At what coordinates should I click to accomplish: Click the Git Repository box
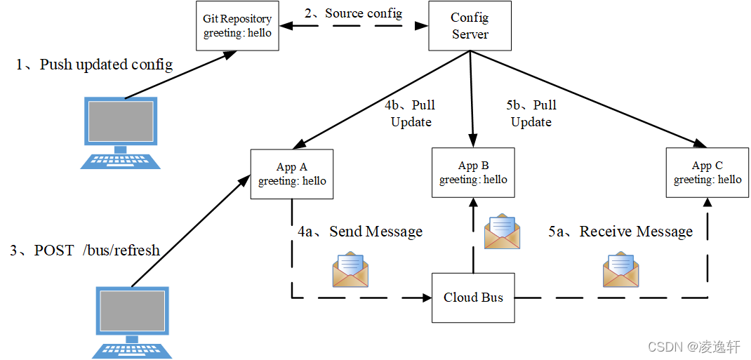click(x=237, y=27)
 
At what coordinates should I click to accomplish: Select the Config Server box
click(x=470, y=26)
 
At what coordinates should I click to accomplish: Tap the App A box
click(x=292, y=174)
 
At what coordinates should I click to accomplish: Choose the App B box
click(x=473, y=173)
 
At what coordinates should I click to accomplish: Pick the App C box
click(x=707, y=173)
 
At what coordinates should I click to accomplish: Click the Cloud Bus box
click(x=473, y=298)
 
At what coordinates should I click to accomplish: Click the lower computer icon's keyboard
click(x=133, y=348)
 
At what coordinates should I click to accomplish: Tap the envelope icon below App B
click(x=502, y=232)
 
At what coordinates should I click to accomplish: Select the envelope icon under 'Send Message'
click(x=350, y=270)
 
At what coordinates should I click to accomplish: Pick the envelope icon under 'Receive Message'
click(x=621, y=269)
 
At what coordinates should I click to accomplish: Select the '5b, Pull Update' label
click(x=531, y=113)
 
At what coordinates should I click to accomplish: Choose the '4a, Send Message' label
click(x=360, y=232)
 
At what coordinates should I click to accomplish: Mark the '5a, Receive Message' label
click(x=620, y=232)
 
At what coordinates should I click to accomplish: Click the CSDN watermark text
click(x=693, y=347)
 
